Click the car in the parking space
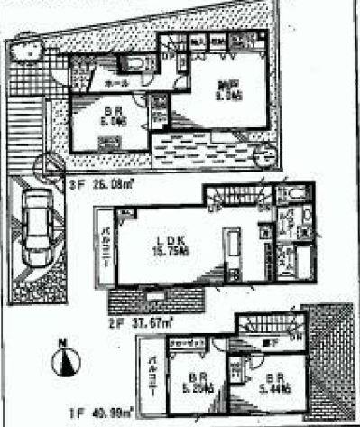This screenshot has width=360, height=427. (34, 227)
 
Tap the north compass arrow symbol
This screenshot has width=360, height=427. (62, 363)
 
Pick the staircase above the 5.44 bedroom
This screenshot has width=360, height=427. (271, 326)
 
